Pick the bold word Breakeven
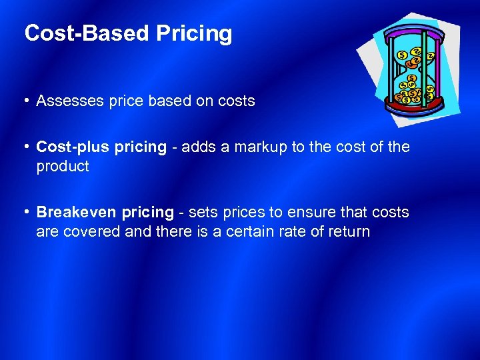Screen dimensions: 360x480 pyautogui.click(x=73, y=213)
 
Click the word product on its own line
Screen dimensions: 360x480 pyautogui.click(x=63, y=167)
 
